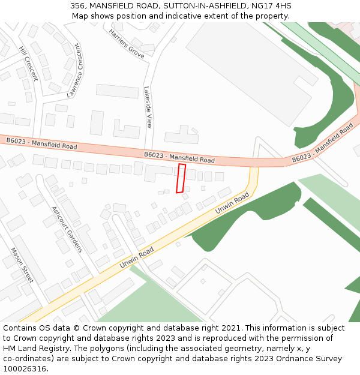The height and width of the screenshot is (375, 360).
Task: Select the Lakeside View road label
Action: [x=148, y=107]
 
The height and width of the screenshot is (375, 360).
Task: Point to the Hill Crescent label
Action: [x=28, y=64]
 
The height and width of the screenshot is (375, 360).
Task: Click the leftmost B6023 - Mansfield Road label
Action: [x=42, y=143]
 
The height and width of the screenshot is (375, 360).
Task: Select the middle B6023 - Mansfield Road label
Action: [x=179, y=157]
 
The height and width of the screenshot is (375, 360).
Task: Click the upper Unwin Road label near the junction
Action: [x=232, y=205]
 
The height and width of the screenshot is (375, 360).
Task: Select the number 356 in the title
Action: [x=77, y=5]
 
